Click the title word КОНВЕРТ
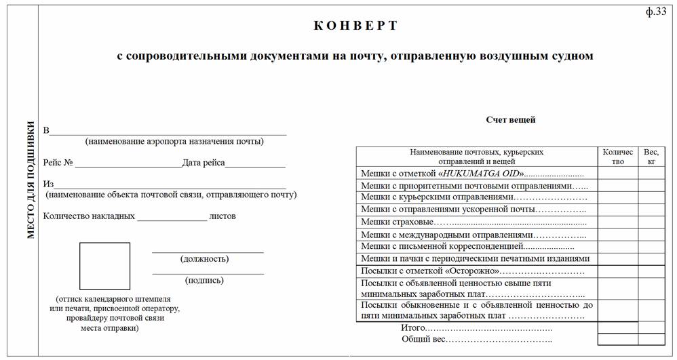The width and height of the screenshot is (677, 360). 355,26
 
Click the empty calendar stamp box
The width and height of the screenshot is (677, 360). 104,266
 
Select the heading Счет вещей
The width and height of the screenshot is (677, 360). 510,120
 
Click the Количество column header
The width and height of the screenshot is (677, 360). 617,157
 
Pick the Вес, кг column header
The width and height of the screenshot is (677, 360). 651,157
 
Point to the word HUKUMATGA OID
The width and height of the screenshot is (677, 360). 482,174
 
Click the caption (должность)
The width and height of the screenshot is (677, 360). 204,258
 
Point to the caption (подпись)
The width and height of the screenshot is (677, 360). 204,279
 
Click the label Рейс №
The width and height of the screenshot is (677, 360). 58,163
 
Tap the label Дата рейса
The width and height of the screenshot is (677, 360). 204,163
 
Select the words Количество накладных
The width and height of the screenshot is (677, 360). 89,216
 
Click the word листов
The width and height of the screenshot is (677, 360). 223,216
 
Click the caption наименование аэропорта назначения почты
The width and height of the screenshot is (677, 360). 174,141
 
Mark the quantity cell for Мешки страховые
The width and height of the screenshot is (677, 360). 617,222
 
